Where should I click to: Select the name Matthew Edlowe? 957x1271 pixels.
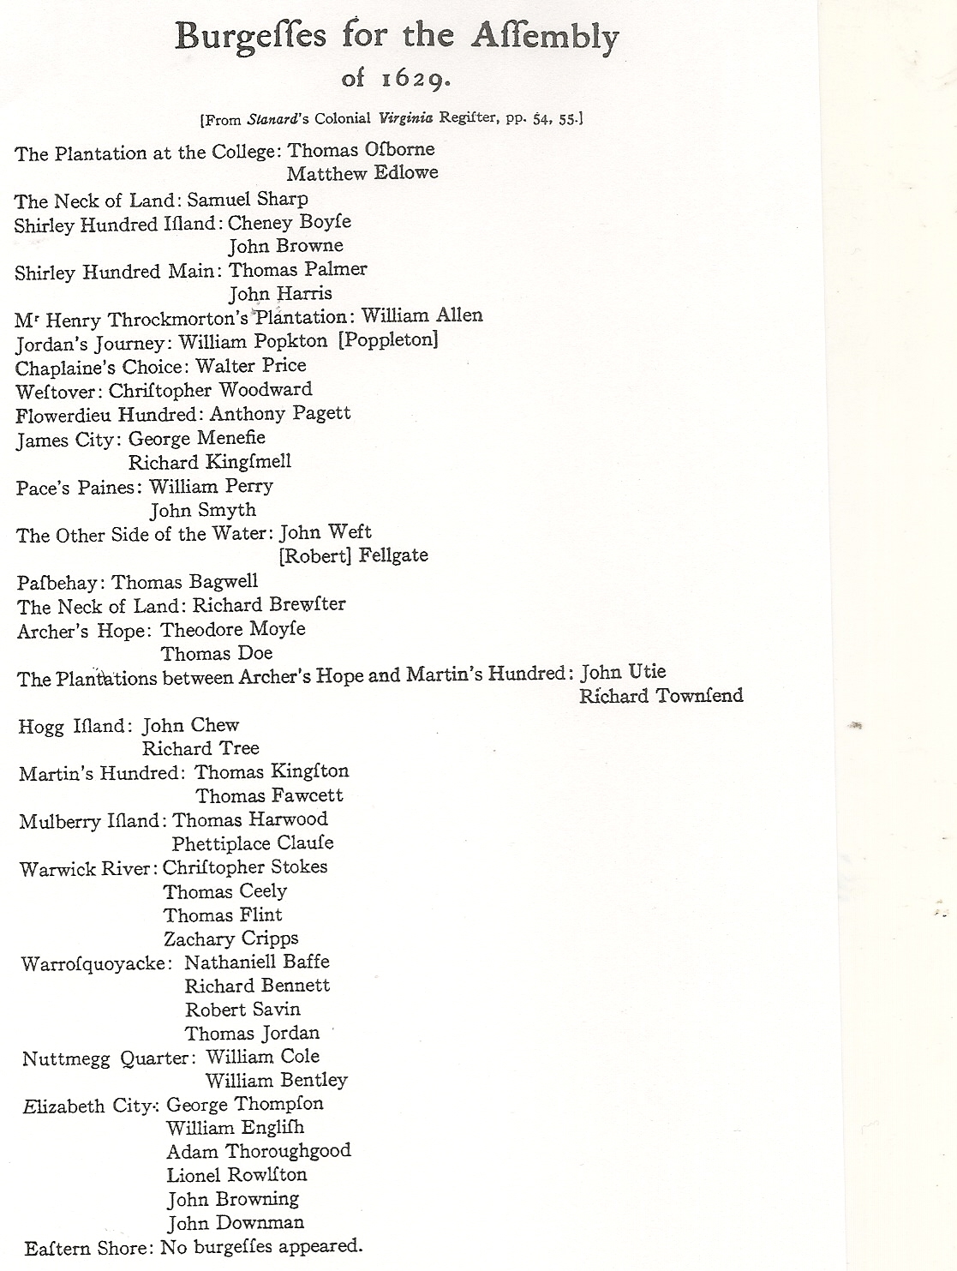pos(362,173)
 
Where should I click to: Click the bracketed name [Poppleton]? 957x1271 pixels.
pos(388,340)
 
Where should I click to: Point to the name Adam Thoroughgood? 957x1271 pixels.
pos(259,1151)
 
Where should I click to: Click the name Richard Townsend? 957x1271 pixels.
pos(661,696)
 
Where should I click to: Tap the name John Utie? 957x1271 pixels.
pos(623,672)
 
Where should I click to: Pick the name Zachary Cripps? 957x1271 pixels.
pos(231,938)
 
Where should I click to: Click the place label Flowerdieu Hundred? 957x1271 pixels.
pos(108,415)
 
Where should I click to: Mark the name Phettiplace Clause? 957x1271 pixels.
pos(253,843)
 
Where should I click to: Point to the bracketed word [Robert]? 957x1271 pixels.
pos(313,556)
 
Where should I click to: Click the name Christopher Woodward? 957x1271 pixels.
pos(211,390)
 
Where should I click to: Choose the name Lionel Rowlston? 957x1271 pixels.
pos(236,1175)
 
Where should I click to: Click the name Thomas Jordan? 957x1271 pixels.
pos(252,1034)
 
